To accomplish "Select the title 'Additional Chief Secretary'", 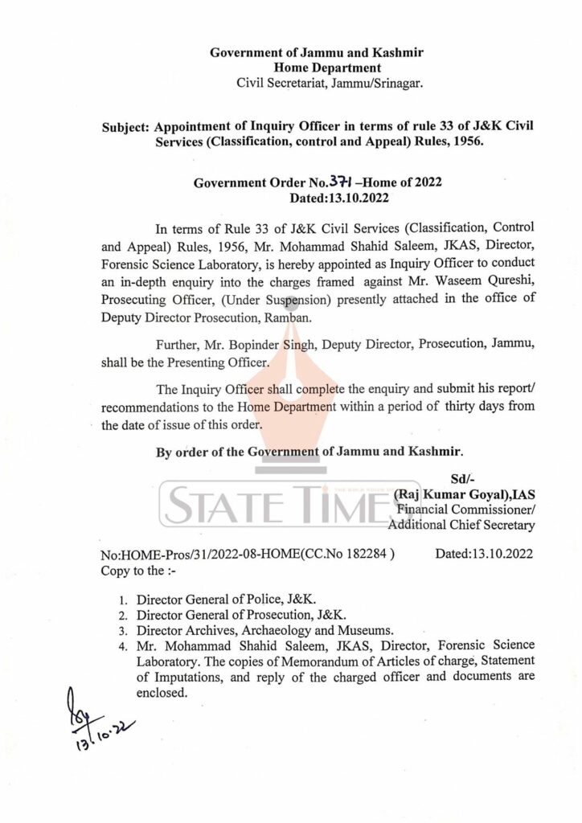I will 461,525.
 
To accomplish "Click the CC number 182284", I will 367,555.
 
